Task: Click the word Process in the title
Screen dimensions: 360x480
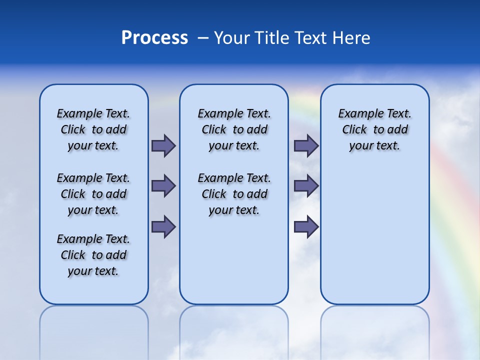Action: (154, 38)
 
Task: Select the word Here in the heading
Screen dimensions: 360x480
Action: (352, 38)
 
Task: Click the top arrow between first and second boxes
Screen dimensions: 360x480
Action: (163, 145)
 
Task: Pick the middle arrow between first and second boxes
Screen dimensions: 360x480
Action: (163, 186)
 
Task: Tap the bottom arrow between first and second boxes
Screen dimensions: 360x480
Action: (163, 226)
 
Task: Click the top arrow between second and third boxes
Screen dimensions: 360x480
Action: (306, 145)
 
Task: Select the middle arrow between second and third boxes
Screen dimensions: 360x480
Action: (306, 186)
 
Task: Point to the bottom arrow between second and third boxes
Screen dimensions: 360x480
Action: (306, 226)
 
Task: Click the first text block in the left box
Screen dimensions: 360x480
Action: (93, 129)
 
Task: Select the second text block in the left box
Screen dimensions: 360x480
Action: (93, 194)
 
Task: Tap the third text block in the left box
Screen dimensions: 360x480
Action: (93, 255)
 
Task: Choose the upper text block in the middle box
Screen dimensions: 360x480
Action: (234, 129)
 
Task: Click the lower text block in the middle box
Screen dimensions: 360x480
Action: (234, 194)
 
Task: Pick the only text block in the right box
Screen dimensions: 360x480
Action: (374, 129)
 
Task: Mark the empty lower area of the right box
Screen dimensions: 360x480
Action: (374, 235)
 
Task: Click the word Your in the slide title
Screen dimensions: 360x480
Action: (230, 38)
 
